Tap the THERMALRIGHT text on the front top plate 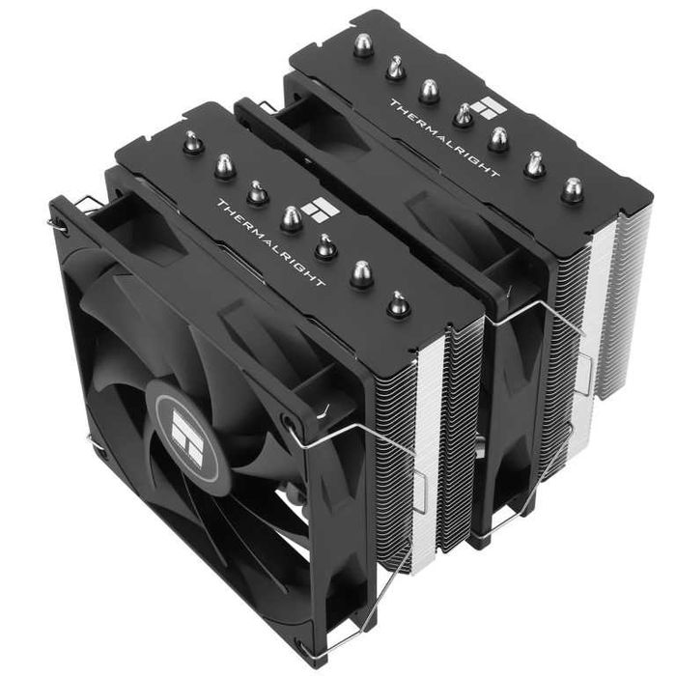pos(270,242)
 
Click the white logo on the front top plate pos(316,209)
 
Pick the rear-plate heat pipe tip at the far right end pos(573,188)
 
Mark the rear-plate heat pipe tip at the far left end pos(363,45)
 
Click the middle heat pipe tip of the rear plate pos(464,115)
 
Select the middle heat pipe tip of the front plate pos(291,219)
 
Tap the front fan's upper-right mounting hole pos(289,422)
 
